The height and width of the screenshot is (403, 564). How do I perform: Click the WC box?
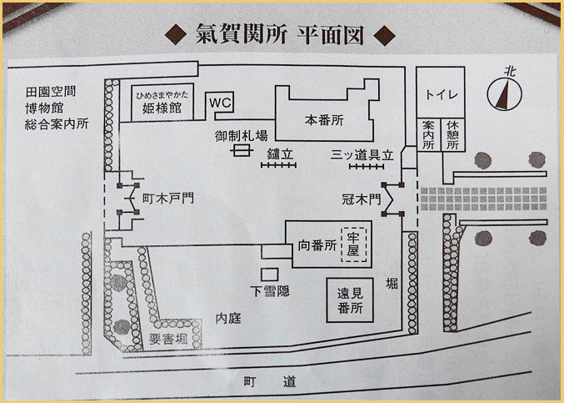pyautogui.click(x=220, y=102)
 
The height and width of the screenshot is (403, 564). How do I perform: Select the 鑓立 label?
pyautogui.click(x=279, y=154)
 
